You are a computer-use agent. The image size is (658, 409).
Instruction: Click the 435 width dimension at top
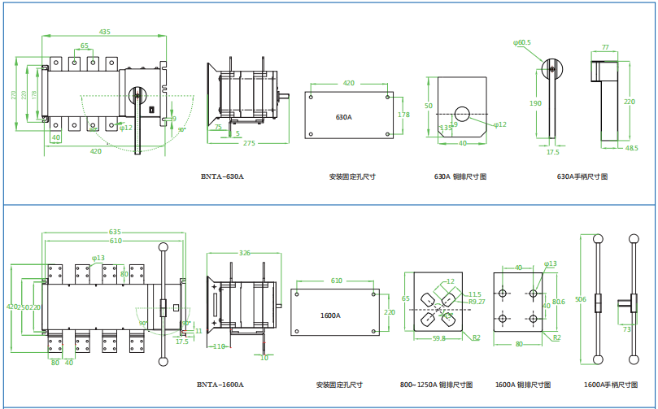105,32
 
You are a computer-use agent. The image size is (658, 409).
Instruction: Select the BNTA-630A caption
222,176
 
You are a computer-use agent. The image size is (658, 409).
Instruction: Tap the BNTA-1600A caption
220,385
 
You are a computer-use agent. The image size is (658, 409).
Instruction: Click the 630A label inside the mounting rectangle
344,117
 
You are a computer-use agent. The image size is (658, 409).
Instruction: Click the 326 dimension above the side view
245,253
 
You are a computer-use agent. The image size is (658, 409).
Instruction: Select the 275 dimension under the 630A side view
249,143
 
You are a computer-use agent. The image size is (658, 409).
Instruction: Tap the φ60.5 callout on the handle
522,41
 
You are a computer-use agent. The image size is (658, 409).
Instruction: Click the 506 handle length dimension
581,299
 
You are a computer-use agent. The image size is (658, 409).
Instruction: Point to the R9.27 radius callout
477,302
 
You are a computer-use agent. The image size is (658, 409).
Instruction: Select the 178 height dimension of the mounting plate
403,115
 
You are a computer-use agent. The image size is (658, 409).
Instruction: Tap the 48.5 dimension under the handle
632,148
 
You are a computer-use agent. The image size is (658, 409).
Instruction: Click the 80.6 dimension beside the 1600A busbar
558,302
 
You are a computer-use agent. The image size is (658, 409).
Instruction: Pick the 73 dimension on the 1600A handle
627,329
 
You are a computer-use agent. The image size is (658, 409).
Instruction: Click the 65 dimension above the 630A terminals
85,46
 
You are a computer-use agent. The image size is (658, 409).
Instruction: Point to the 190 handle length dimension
535,103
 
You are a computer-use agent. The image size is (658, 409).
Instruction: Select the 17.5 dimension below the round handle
553,151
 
